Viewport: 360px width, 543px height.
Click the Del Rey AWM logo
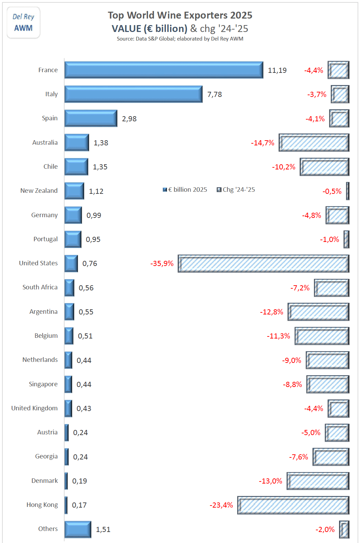[23, 23]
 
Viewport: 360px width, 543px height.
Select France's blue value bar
[164, 70]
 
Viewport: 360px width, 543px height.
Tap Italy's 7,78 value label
[215, 95]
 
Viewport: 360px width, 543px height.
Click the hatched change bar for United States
[263, 264]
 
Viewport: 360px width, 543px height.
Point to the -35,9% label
[162, 264]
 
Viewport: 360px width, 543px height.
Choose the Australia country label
[45, 143]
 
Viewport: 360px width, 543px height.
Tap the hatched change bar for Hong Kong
[293, 505]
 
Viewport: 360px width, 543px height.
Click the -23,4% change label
[221, 505]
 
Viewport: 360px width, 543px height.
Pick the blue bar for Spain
[91, 119]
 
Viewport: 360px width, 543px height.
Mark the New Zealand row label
[39, 191]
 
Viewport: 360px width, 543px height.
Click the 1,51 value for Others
[103, 530]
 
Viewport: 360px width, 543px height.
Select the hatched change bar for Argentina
[318, 312]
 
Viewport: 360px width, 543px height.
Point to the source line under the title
[180, 39]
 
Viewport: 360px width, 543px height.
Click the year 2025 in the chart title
[241, 15]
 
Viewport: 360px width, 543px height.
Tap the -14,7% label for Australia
[262, 143]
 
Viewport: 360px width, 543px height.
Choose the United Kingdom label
[34, 408]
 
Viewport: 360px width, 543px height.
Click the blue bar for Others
[78, 529]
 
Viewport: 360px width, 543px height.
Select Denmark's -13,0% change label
[270, 481]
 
